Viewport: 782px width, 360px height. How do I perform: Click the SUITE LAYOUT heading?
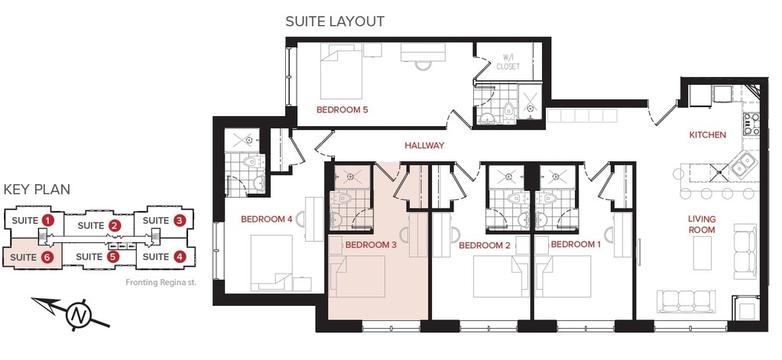pyautogui.click(x=335, y=21)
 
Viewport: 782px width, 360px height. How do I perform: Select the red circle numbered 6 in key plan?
pyautogui.click(x=47, y=257)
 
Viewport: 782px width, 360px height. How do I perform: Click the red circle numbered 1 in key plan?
pyautogui.click(x=48, y=221)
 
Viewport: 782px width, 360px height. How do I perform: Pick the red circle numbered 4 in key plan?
pyautogui.click(x=180, y=257)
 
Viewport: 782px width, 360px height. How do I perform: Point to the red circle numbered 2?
pyautogui.click(x=114, y=225)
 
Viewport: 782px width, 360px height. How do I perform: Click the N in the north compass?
pyautogui.click(x=77, y=314)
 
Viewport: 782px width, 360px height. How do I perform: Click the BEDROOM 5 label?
pyautogui.click(x=342, y=110)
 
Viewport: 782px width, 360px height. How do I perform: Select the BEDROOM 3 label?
pyautogui.click(x=371, y=245)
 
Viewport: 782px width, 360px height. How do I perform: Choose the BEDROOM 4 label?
pyautogui.click(x=267, y=219)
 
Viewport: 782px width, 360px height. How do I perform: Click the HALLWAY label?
pyautogui.click(x=424, y=145)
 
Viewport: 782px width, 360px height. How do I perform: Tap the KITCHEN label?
pyautogui.click(x=707, y=135)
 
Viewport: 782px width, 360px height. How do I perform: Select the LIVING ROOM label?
pyautogui.click(x=701, y=225)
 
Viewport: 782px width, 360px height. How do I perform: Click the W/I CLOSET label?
pyautogui.click(x=508, y=62)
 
